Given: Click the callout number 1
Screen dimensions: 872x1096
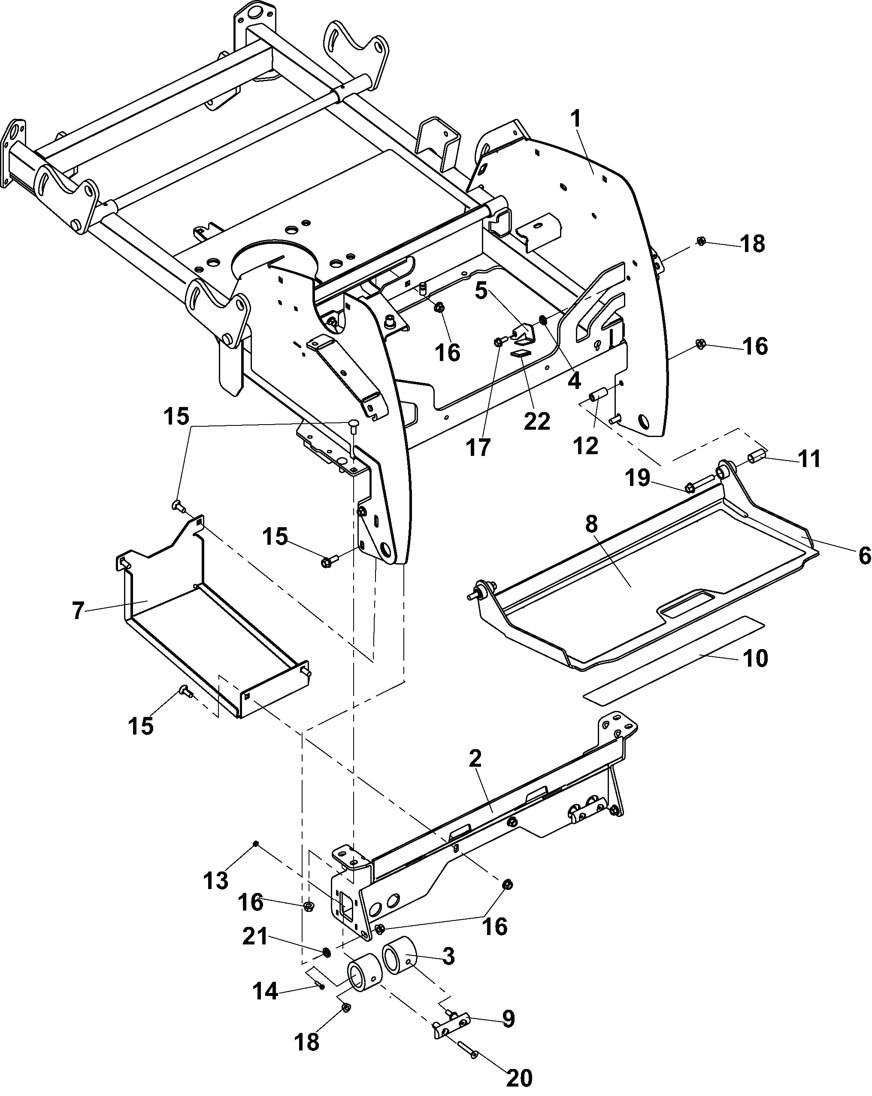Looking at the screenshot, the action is [576, 119].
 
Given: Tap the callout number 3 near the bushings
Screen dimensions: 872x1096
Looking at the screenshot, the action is [448, 956].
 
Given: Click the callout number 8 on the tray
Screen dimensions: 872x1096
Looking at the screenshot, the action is [591, 524].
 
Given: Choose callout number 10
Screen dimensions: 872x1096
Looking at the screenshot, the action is [755, 658].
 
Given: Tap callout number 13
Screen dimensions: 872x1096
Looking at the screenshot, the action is [216, 880].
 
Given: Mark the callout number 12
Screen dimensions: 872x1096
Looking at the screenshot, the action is [586, 446].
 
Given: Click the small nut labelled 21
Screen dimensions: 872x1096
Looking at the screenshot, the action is [327, 950].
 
